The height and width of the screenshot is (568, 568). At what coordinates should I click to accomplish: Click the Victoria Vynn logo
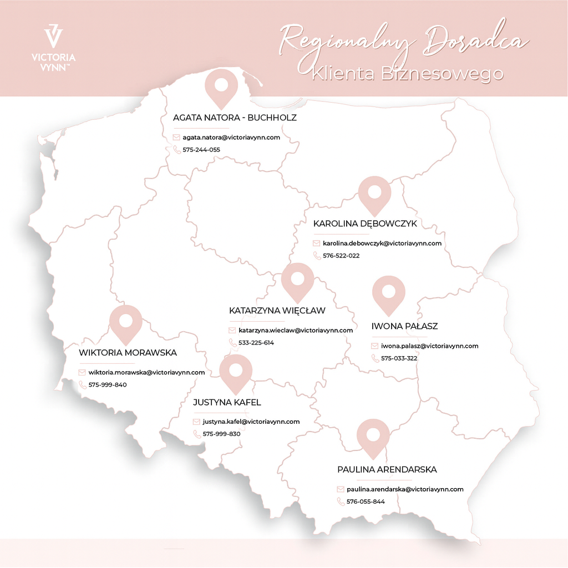point(54,47)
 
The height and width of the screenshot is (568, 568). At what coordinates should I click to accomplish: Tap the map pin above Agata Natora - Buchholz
point(221,87)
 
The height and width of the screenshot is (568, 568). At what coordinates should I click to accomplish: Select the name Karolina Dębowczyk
point(365,224)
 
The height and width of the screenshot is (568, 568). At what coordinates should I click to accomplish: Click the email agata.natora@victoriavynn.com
point(231,137)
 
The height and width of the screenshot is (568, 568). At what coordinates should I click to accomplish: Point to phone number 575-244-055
point(201,150)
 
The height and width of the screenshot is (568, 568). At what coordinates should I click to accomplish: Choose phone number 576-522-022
point(341,256)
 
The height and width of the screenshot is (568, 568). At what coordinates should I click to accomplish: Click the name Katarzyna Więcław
point(277,311)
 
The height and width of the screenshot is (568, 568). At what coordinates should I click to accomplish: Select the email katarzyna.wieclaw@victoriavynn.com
point(296,330)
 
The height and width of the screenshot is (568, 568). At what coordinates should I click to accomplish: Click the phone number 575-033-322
point(399,358)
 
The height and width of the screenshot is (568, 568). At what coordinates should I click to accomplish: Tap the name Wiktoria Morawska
point(128,352)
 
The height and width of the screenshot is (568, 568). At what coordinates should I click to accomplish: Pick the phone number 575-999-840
point(108,384)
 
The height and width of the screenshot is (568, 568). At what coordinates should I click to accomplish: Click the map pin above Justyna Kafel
point(236,372)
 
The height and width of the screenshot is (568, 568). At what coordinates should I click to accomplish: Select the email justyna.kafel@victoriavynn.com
point(251,422)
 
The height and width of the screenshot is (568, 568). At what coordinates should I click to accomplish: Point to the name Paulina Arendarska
point(387,469)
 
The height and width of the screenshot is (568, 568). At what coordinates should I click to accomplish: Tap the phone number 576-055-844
point(366,502)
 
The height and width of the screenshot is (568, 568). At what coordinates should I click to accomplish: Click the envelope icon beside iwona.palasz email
point(375,346)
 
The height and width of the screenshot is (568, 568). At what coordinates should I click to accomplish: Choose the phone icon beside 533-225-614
point(232,343)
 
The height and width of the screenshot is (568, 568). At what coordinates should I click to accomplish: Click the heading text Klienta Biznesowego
point(408,73)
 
